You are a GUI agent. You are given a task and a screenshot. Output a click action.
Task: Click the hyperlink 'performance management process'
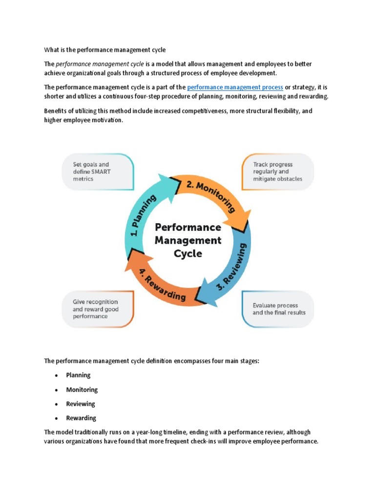coord(235,87)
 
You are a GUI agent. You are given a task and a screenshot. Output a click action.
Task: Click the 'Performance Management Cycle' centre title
coord(187,240)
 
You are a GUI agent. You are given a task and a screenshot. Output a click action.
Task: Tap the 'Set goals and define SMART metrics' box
coord(97,172)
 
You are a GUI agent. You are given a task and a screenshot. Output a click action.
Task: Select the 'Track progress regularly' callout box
coord(278,172)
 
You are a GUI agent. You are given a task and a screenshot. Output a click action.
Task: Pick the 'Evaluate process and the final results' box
coord(278,309)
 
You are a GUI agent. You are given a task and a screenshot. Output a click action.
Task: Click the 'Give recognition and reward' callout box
coord(97,309)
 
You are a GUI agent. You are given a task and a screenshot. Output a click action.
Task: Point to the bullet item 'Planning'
coord(78,375)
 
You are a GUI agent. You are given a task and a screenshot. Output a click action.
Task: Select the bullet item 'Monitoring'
coord(82,390)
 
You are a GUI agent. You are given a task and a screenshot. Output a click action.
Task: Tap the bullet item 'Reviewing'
coord(81,404)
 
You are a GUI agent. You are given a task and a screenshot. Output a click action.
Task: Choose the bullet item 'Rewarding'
coord(81,418)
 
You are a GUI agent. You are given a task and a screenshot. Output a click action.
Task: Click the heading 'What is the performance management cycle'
coord(105,50)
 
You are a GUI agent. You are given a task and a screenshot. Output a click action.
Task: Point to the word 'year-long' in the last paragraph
coord(140,432)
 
